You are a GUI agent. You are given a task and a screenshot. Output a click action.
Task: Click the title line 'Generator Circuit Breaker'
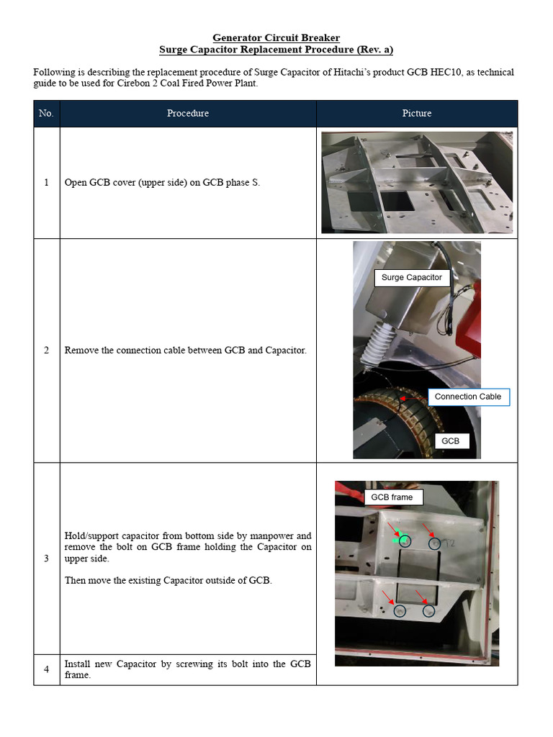coord(276,37)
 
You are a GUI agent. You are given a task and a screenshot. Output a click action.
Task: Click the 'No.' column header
coord(46,113)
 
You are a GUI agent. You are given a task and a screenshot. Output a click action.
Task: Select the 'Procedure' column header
coord(188,113)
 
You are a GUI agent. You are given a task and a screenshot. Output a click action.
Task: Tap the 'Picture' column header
coord(416,113)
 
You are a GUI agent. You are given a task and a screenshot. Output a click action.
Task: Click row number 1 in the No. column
coord(46,183)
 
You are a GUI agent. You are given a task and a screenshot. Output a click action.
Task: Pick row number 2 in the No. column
coord(46,351)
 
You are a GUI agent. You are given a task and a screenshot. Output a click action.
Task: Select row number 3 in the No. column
coord(46,558)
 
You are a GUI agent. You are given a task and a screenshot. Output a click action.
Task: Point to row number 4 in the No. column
coord(46,669)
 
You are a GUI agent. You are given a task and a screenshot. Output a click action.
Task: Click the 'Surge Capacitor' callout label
coord(411,278)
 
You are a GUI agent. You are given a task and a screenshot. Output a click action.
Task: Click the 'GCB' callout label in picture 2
coord(450,441)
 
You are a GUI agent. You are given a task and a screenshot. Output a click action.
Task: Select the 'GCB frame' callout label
coord(392,497)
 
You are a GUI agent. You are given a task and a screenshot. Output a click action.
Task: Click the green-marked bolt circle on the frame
coord(404,541)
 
